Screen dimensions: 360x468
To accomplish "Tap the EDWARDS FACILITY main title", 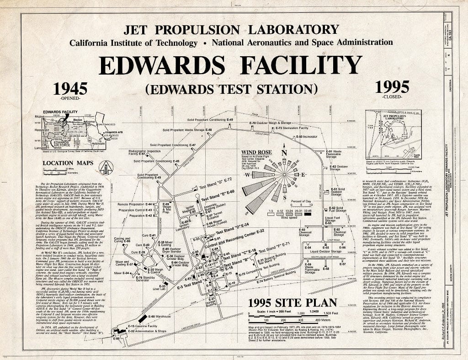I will tap(230, 65).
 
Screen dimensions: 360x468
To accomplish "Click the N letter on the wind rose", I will tap(284, 153).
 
